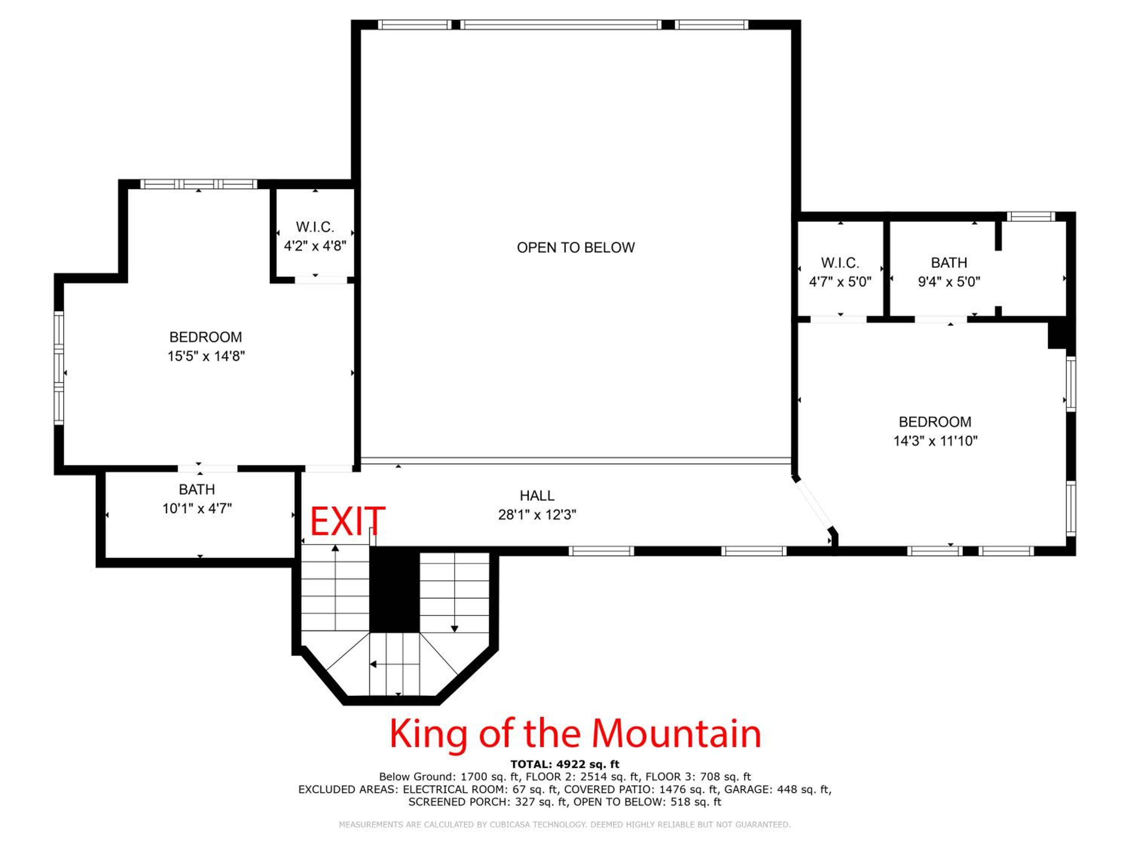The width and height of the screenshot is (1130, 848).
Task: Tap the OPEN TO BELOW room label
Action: click(x=576, y=247)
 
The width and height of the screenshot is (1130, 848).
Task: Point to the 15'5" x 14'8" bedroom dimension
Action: click(x=206, y=356)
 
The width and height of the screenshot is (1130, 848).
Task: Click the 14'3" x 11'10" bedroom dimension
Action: click(x=935, y=441)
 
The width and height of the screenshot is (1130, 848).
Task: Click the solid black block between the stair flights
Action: click(x=394, y=590)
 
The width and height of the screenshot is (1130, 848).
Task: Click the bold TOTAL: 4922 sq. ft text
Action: click(x=565, y=764)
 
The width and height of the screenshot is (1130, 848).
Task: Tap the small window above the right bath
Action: click(x=1031, y=216)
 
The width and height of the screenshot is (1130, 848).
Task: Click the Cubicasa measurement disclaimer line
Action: click(x=565, y=825)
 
